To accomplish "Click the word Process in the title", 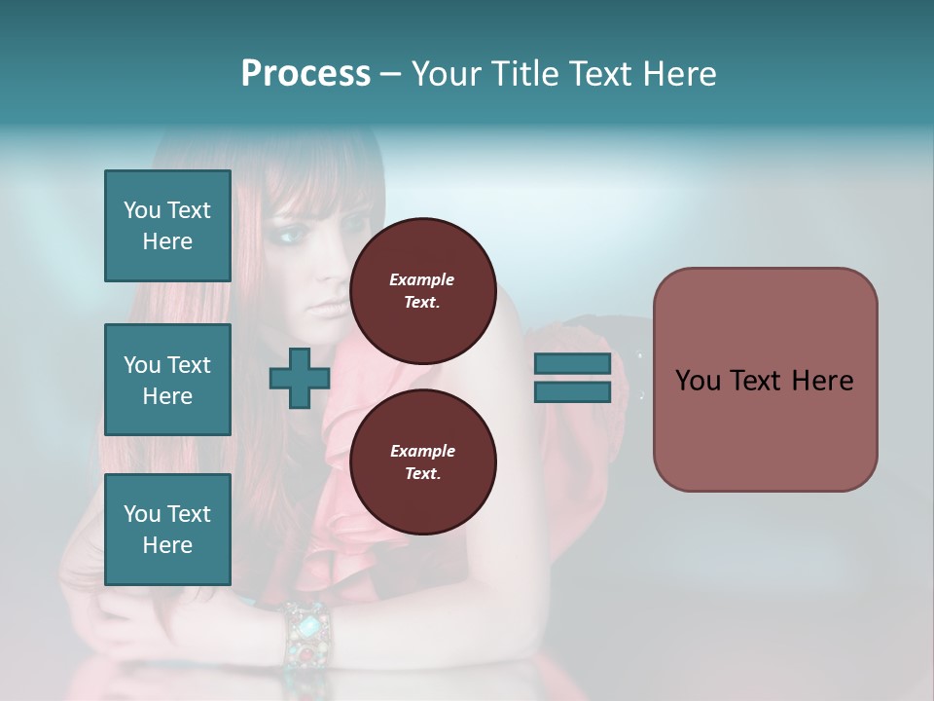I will tap(305, 74).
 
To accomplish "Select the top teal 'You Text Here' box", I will tap(167, 226).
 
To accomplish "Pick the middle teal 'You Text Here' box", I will tap(167, 380).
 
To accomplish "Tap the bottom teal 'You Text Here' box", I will tap(167, 530).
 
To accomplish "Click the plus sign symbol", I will tap(300, 379).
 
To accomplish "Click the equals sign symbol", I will tap(572, 378).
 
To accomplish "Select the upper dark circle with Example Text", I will tap(422, 290).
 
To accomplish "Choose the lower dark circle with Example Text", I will tap(422, 461).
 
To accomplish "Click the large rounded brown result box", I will tap(765, 380).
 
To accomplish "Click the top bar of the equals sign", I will tap(572, 364).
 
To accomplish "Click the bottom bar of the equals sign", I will tap(572, 391).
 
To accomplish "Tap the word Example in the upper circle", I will tap(422, 279).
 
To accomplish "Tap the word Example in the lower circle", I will tap(422, 451).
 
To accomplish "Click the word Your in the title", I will tap(447, 74).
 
